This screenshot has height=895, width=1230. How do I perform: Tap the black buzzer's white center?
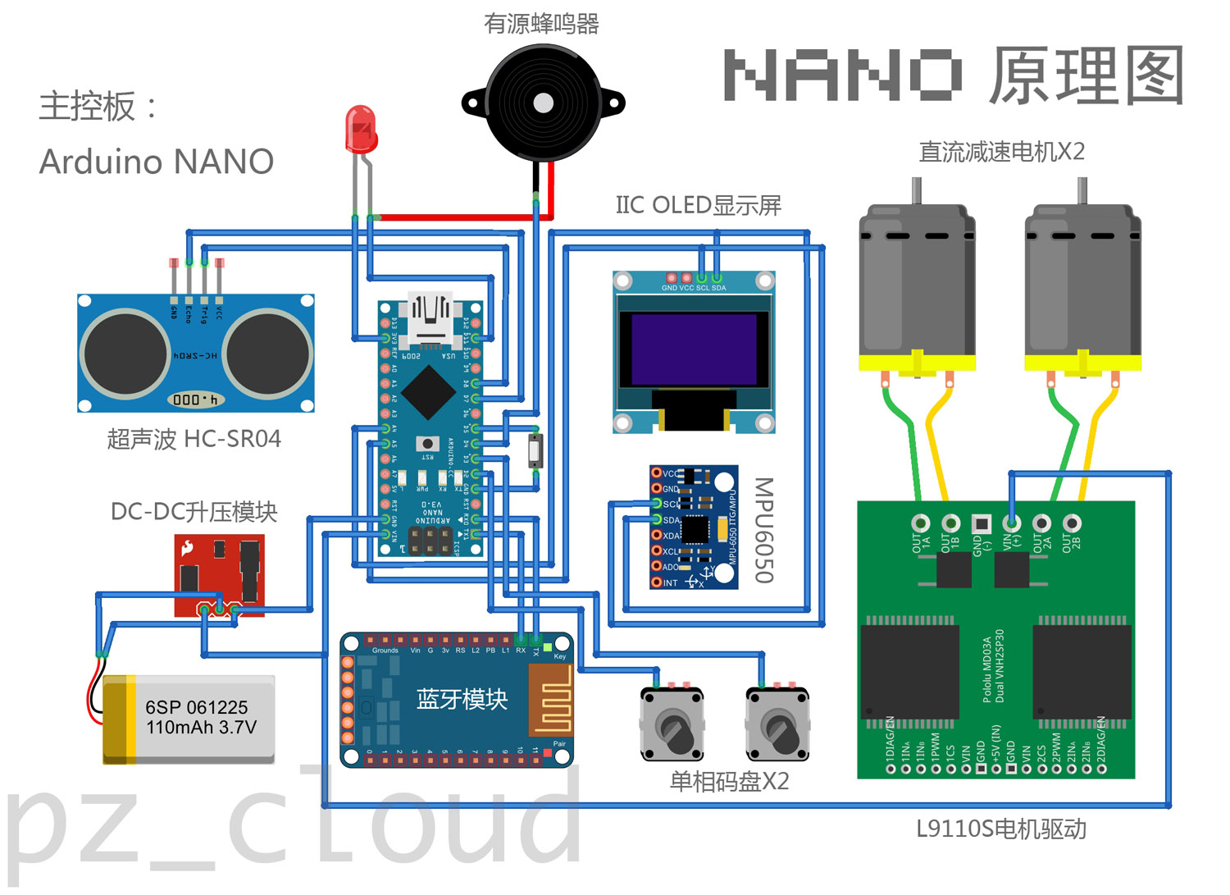pyautogui.click(x=543, y=103)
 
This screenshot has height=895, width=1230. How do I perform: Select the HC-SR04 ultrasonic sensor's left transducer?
pyautogui.click(x=125, y=354)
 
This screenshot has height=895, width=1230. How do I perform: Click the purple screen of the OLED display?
pyautogui.click(x=694, y=349)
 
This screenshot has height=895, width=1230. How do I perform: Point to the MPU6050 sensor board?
pyautogui.click(x=694, y=527)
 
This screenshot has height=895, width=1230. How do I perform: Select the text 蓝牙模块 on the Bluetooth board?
pyautogui.click(x=462, y=699)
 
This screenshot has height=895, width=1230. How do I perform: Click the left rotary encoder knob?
pyautogui.click(x=672, y=727)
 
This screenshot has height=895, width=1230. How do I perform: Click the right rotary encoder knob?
pyautogui.click(x=777, y=727)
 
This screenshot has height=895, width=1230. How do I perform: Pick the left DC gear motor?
pyautogui.click(x=917, y=287)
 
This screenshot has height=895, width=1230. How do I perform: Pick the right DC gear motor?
pyautogui.click(x=1082, y=287)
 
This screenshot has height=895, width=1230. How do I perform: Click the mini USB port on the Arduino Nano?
pyautogui.click(x=430, y=316)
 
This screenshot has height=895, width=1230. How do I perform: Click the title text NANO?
pyautogui.click(x=843, y=75)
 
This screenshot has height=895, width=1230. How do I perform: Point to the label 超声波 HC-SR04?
pyautogui.click(x=194, y=439)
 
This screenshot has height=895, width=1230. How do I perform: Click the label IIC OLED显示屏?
pyautogui.click(x=698, y=205)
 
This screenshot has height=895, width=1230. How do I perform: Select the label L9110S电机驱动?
pyautogui.click(x=1000, y=829)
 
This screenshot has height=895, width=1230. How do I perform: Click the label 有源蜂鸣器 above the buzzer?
pyautogui.click(x=541, y=24)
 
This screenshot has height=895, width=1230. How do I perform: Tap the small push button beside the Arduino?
pyautogui.click(x=535, y=450)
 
